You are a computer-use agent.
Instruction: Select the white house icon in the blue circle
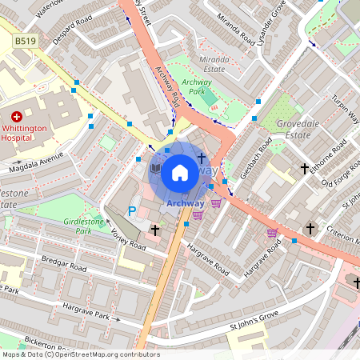(x=180, y=172)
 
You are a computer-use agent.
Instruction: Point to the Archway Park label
(x=196, y=87)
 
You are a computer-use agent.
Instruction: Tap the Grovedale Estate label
(x=303, y=130)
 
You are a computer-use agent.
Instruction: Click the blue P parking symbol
(x=132, y=211)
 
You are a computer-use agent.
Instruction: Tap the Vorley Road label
(x=128, y=242)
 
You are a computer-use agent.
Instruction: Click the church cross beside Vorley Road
(x=154, y=230)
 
